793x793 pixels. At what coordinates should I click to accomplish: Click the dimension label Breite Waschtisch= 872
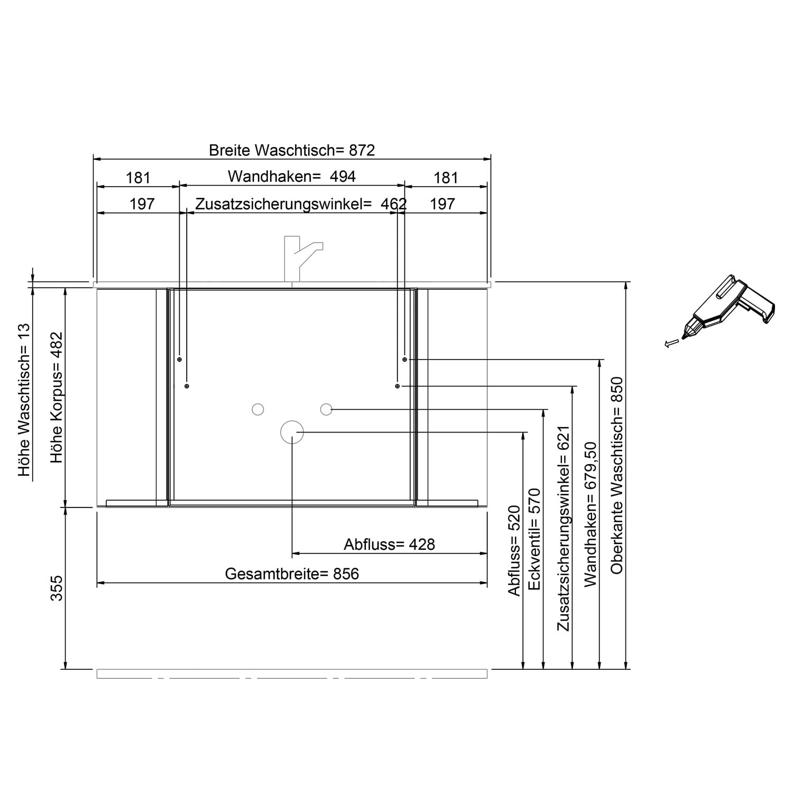pos(292,150)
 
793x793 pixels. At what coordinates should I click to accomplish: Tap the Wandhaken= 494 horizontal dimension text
pos(292,176)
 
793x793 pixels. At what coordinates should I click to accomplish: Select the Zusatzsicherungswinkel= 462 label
pos(301,204)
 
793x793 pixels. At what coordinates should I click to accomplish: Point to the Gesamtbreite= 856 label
pos(292,574)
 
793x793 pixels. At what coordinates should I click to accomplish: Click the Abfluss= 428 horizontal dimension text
pos(389,544)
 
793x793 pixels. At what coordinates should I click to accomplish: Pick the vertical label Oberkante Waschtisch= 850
pos(617,475)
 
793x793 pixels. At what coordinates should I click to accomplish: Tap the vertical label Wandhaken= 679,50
pos(590,514)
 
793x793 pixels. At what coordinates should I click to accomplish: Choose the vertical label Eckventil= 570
pos(534,539)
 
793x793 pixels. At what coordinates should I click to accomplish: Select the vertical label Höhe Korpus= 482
pos(57,398)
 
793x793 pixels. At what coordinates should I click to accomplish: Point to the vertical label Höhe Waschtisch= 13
pos(24,400)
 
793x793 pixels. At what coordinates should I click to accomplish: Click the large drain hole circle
pos(292,432)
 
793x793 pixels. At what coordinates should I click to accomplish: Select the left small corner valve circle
pos(258,409)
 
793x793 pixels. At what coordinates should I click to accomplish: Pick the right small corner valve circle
pos(326,409)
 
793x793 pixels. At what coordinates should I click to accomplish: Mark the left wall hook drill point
pos(180,359)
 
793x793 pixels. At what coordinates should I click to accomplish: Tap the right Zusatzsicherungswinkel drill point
pos(398,386)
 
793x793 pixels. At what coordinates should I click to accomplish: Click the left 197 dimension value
pos(142,204)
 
